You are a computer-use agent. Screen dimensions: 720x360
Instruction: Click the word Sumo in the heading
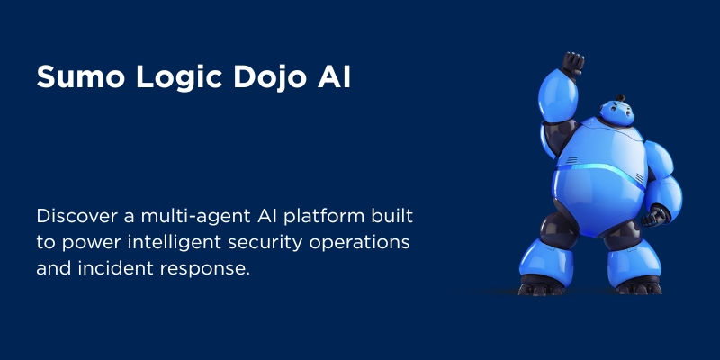click(x=80, y=76)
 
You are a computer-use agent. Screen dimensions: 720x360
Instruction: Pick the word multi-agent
click(x=195, y=217)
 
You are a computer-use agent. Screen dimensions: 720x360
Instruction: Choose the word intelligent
click(x=173, y=243)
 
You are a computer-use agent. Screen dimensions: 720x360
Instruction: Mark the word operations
click(x=359, y=243)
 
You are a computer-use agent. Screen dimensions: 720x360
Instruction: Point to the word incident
click(x=116, y=268)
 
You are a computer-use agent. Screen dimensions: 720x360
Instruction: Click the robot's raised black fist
click(x=572, y=64)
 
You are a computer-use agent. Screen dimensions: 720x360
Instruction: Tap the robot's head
click(x=616, y=113)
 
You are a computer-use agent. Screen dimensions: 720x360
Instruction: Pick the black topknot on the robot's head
click(x=620, y=98)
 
